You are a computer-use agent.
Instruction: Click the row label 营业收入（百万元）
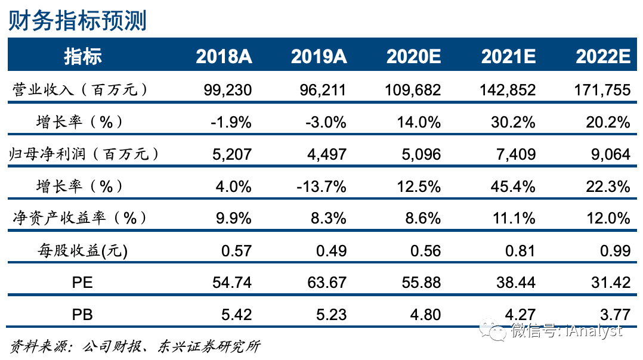[x=80, y=90]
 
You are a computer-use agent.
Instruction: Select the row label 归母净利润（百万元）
[x=86, y=154]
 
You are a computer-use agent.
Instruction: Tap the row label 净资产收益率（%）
[x=80, y=218]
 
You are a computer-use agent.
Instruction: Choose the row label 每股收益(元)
[x=82, y=250]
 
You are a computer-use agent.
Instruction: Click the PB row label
[x=82, y=314]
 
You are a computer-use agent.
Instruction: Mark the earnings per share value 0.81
[x=518, y=250]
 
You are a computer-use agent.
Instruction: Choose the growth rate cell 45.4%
[x=514, y=187]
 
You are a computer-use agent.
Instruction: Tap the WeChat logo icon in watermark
[x=495, y=330]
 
